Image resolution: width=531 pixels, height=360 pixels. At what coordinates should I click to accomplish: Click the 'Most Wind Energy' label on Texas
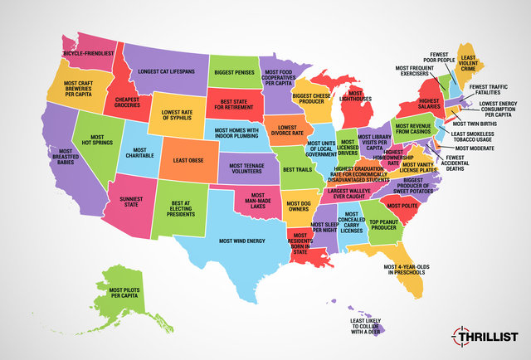pyautogui.click(x=242, y=241)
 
